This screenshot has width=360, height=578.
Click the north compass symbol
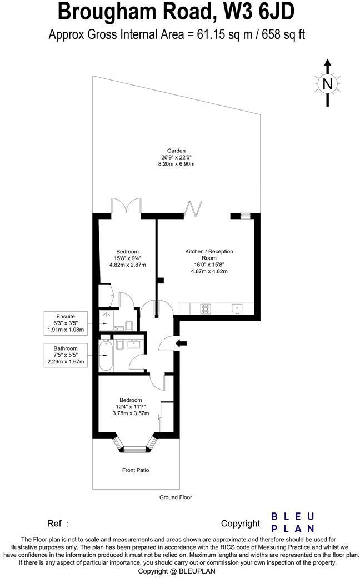click(x=328, y=83)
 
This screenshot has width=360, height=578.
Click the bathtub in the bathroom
click(x=106, y=356)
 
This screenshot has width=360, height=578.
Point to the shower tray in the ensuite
click(x=106, y=320)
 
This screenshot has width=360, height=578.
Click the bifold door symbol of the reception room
click(x=192, y=208)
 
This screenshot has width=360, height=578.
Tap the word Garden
click(x=177, y=150)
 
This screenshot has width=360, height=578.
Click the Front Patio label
click(x=136, y=470)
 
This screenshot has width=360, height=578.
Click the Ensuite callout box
click(x=66, y=322)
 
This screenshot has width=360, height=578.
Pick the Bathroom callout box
click(x=66, y=355)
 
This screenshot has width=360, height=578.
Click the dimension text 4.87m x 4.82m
click(x=209, y=272)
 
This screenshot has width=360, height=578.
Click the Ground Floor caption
click(x=176, y=497)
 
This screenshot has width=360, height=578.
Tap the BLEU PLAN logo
click(x=293, y=522)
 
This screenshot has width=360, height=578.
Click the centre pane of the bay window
click(x=135, y=449)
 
